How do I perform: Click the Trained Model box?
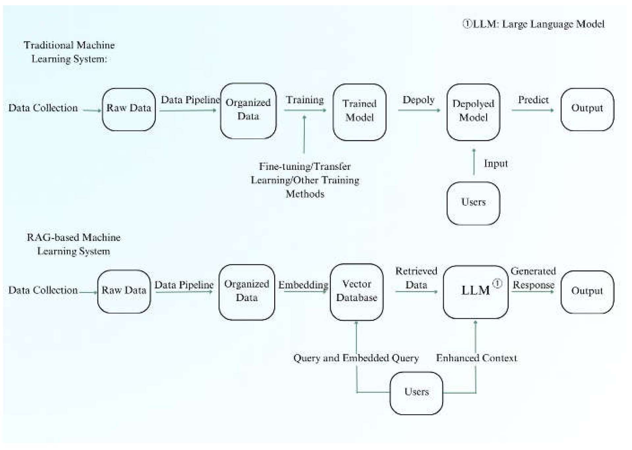point(359,112)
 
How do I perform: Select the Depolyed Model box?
point(473,112)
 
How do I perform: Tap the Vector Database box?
point(356,292)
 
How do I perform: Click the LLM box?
point(476,292)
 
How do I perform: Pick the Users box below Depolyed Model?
point(473,203)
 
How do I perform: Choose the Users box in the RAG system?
point(416,393)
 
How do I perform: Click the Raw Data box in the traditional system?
point(129,109)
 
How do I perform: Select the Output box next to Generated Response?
point(587,292)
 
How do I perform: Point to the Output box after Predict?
point(587,109)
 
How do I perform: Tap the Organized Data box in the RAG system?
point(247,292)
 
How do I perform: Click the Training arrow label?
point(305,100)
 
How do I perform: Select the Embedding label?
point(303,285)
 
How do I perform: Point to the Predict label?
point(533,100)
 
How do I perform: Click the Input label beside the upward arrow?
point(496,164)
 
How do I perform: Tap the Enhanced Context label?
point(477,358)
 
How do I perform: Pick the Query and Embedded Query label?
point(356,358)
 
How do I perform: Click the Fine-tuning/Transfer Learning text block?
point(305,180)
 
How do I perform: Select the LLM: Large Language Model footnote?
point(534,24)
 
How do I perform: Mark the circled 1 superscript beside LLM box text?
point(497,283)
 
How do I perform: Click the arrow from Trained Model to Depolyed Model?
point(419,110)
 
